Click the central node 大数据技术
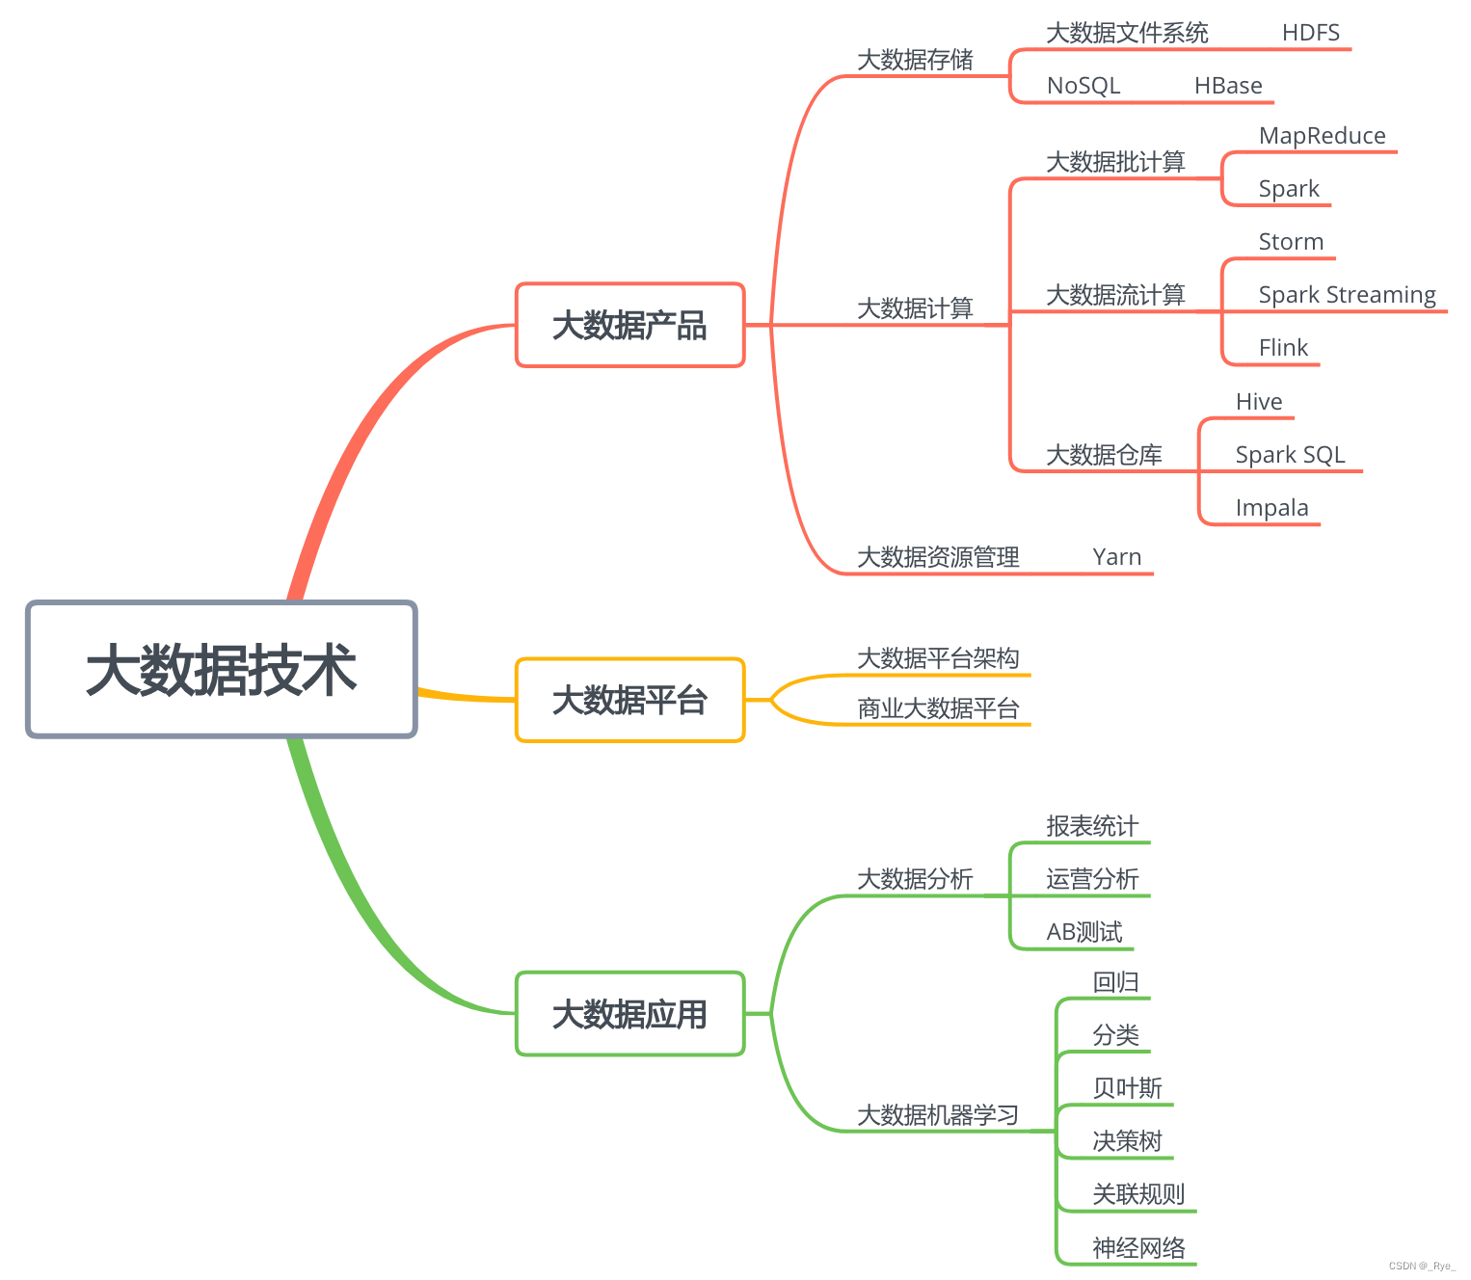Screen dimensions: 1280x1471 point(222,670)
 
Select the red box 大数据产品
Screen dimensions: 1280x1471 point(629,326)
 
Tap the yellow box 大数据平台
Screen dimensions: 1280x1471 point(629,701)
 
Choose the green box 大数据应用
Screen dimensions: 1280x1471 point(629,1014)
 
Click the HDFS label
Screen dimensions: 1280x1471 point(1310,33)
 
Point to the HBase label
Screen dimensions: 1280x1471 point(1227,86)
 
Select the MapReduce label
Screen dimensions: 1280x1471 point(1322,136)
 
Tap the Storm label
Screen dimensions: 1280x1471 point(1291,242)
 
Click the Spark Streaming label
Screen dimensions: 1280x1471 point(1347,295)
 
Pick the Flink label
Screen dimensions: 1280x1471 point(1283,348)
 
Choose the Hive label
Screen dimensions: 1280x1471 point(1259,402)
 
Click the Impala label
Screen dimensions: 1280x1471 point(1271,508)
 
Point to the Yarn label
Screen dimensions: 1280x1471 point(1116,557)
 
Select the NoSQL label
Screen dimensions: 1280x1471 point(1083,86)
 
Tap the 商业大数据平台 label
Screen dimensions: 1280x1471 point(938,708)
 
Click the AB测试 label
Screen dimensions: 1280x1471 point(1084,932)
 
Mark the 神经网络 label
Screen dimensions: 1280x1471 point(1138,1248)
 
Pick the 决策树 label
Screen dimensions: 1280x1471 point(1127,1141)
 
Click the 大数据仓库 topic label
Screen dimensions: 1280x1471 point(1104,455)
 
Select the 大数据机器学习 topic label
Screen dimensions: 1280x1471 point(938,1115)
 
